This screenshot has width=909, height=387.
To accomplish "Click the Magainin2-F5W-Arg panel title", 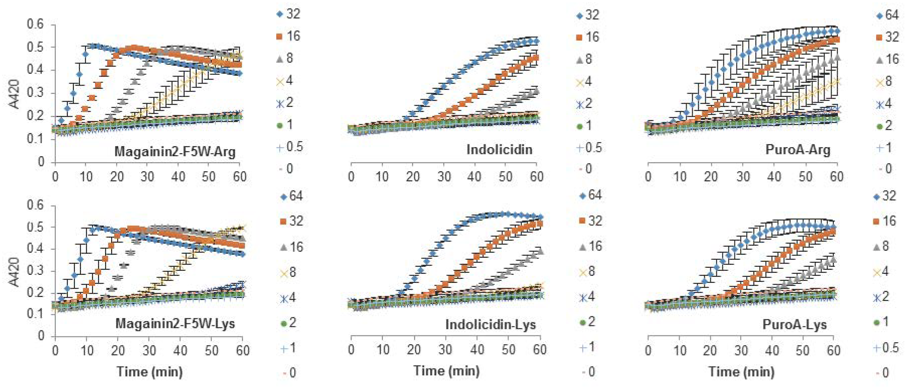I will click(175, 152).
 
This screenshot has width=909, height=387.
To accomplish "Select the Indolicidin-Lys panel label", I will click(491, 324).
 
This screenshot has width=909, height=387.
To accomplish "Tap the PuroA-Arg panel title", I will click(798, 150).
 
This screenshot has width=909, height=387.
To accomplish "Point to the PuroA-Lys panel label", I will click(794, 324).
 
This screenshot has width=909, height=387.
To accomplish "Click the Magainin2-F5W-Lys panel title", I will click(175, 323).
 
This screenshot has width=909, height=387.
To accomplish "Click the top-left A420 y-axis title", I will click(14, 94).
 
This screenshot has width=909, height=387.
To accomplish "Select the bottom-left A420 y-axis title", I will click(14, 272).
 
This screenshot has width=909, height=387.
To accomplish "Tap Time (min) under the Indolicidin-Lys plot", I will click(446, 370).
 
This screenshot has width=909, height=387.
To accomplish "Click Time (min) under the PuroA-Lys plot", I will click(741, 371).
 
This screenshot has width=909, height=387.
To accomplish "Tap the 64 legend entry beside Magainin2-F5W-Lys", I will click(292, 196).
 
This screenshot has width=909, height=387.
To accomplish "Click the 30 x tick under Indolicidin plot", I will click(444, 176).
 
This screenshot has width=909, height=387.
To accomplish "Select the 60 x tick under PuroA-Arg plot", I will click(836, 176).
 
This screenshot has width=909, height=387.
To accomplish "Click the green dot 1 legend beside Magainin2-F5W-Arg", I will click(285, 125).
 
